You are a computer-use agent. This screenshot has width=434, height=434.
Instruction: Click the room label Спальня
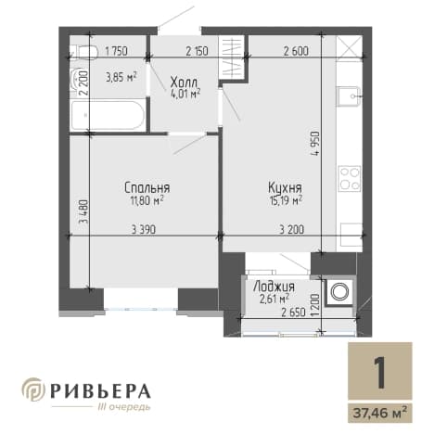tap(147, 187)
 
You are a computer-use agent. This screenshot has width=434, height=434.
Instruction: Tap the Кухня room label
tap(285, 187)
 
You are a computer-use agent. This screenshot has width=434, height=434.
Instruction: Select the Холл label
tap(185, 83)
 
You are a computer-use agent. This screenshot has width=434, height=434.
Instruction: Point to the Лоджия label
tap(274, 287)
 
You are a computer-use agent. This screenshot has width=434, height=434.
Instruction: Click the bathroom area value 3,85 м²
tap(121, 77)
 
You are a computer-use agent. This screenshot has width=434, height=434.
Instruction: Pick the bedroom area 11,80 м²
tap(147, 201)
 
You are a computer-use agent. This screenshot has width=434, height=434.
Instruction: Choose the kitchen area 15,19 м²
tap(285, 201)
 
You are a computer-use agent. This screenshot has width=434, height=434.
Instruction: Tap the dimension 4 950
tap(315, 144)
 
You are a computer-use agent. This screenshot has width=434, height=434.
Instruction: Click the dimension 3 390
tap(144, 230)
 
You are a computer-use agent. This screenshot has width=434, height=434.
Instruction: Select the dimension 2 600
tap(296, 51)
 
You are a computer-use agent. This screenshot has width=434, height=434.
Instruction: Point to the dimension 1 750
tap(116, 51)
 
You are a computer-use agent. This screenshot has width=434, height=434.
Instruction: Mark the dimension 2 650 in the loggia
tap(293, 313)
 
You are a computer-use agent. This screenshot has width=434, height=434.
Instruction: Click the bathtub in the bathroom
tap(108, 115)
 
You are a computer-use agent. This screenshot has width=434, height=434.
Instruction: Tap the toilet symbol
tap(84, 51)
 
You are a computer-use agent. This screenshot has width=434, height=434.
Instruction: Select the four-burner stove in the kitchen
tap(350, 179)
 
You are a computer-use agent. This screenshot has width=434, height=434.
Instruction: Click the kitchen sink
tap(350, 96)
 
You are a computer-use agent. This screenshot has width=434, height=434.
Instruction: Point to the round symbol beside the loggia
tap(339, 291)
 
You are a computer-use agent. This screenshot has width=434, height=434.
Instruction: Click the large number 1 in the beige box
tap(379, 372)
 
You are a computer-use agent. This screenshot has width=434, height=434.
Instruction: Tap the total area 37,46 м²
tap(380, 413)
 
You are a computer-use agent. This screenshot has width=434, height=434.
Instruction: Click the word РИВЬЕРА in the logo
tap(100, 390)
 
